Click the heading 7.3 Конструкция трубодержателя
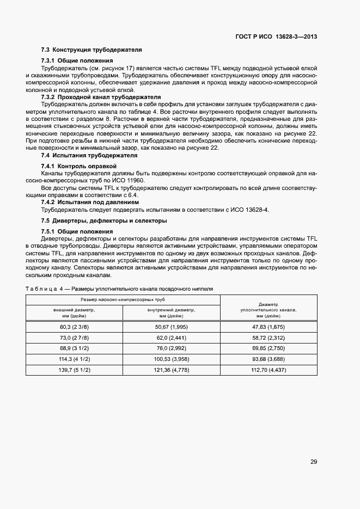pos(91,50)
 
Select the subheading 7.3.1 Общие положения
pos(77,60)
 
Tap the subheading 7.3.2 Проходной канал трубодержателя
pos(101,97)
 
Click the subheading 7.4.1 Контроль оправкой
pos(78,165)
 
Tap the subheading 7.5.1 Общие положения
pos(77,231)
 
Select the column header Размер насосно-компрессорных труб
pos(123,300)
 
